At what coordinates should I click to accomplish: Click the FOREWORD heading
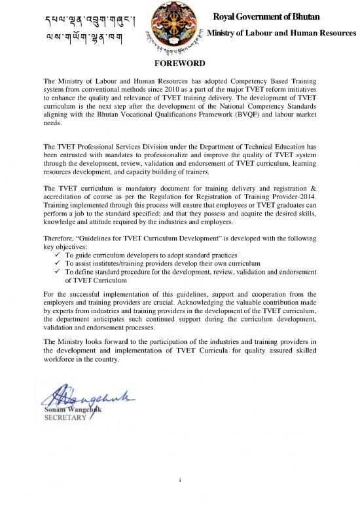[179, 64]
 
